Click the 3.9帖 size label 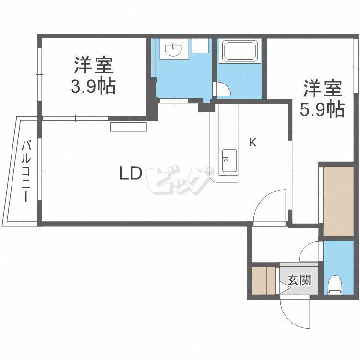coord(93,86)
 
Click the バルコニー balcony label coord(27,170)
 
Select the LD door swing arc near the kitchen coord(270,205)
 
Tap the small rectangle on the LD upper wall coord(129,126)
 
